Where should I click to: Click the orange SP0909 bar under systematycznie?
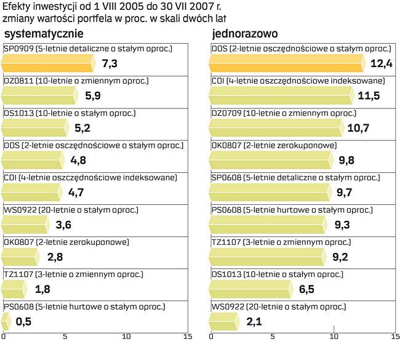click(48, 63)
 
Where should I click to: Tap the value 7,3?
click(110, 63)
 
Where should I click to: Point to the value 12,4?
click(382, 63)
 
